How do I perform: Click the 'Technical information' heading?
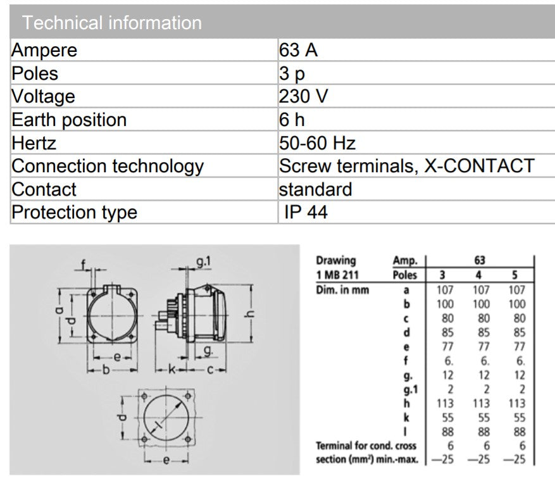click(x=112, y=23)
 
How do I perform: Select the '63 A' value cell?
click(x=298, y=50)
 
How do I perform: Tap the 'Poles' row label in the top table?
click(x=35, y=73)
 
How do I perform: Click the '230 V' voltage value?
click(x=303, y=96)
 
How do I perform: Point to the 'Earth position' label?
click(x=69, y=120)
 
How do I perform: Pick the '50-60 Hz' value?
click(x=317, y=143)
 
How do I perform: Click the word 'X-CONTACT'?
click(x=479, y=166)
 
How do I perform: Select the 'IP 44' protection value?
click(x=306, y=212)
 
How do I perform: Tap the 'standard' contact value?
click(x=315, y=189)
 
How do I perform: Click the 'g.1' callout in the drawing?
click(x=204, y=261)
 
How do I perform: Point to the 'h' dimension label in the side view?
click(x=250, y=313)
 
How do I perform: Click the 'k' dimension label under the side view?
click(x=171, y=370)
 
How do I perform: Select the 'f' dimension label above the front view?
click(x=84, y=264)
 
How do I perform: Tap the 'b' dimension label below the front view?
click(x=106, y=370)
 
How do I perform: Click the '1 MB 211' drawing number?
click(x=337, y=275)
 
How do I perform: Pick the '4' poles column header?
click(x=478, y=275)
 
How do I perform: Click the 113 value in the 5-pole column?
click(x=517, y=403)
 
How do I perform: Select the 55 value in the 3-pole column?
click(x=448, y=418)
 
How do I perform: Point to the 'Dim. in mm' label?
click(x=342, y=290)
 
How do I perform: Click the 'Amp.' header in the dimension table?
click(x=405, y=261)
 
